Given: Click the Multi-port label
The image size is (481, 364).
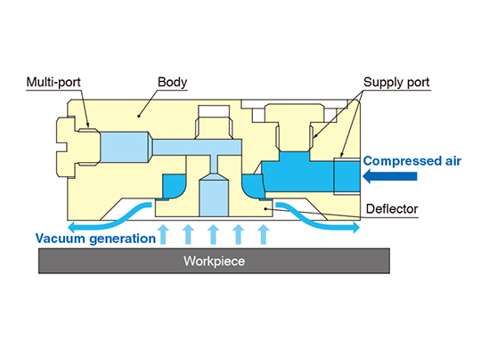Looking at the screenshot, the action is pyautogui.click(x=53, y=82).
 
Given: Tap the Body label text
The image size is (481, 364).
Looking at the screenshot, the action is pyautogui.click(x=173, y=82).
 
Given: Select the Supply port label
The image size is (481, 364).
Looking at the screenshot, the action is pyautogui.click(x=396, y=82).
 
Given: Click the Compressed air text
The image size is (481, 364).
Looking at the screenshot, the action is pyautogui.click(x=412, y=161).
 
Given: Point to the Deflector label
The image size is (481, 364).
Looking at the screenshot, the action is pyautogui.click(x=392, y=209).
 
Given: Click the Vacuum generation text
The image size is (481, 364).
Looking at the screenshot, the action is pyautogui.click(x=95, y=239).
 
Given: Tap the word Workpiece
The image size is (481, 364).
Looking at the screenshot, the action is pyautogui.click(x=214, y=262).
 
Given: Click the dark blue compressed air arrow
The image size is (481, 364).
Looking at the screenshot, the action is pyautogui.click(x=389, y=176).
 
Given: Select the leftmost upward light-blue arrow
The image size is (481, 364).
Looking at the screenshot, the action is pyautogui.click(x=164, y=234).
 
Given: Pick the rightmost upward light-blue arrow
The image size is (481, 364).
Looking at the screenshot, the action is pyautogui.click(x=263, y=234).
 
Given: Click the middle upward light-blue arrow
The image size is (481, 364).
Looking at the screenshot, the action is pyautogui.click(x=213, y=234).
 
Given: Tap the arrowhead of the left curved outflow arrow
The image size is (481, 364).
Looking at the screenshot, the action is pyautogui.click(x=71, y=227).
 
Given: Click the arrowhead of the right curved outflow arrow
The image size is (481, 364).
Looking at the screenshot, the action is pyautogui.click(x=356, y=227).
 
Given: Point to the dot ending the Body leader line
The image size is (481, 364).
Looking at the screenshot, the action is pyautogui.click(x=139, y=116).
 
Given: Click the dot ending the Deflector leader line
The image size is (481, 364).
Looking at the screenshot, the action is pyautogui.click(x=265, y=209).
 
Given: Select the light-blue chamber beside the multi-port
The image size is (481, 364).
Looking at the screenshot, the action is pyautogui.click(x=125, y=147).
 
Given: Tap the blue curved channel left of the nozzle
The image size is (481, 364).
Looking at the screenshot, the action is pyautogui.click(x=174, y=186).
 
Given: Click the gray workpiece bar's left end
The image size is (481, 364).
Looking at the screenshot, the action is pyautogui.click(x=39, y=261).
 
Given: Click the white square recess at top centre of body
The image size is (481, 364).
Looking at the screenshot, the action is pyautogui.click(x=214, y=111).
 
